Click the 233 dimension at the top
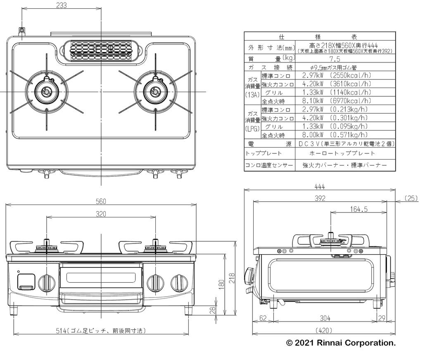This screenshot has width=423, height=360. click(61, 5)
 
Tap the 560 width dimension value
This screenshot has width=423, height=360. click(101, 201)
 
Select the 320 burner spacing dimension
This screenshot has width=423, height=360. click(101, 214)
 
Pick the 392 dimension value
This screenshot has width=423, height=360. click(320, 198)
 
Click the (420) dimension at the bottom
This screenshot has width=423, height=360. click(320, 330)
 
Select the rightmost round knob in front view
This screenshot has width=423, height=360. click(179, 283)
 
